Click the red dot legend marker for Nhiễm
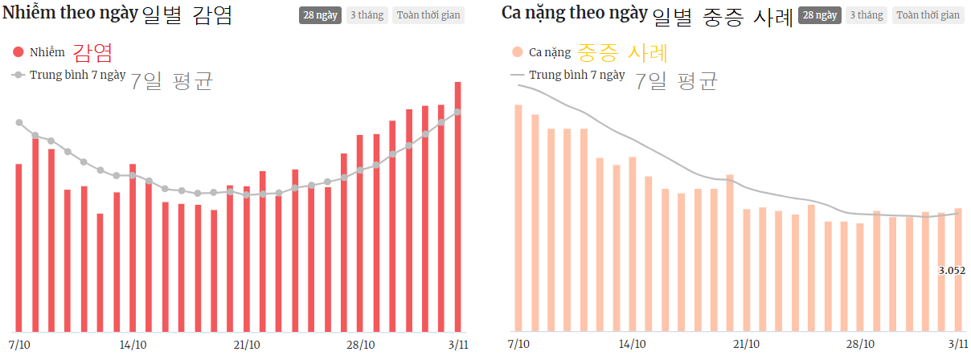18,52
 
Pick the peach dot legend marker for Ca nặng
518,52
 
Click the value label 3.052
952,271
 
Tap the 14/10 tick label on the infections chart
132,344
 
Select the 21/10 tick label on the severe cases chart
746,344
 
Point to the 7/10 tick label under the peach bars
519,344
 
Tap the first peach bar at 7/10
518,218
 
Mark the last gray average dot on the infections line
457,112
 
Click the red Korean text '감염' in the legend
92,53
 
